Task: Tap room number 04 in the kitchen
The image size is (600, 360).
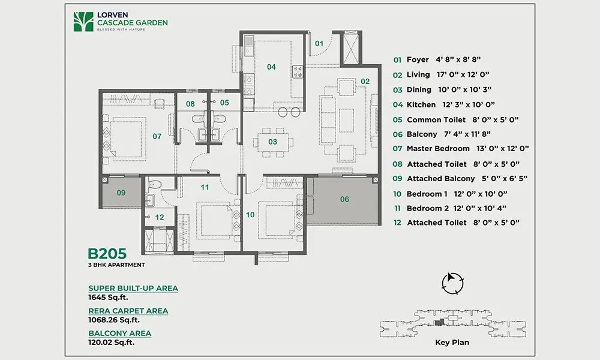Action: (271, 67)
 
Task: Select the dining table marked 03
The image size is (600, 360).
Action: (272, 142)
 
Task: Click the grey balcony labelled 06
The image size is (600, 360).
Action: (344, 199)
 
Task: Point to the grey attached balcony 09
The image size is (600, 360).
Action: (121, 193)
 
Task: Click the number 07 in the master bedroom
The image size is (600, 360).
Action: (157, 136)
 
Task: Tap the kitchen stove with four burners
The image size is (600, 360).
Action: (297, 71)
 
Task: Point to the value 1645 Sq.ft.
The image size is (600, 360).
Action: (109, 297)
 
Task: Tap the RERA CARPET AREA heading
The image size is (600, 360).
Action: (128, 311)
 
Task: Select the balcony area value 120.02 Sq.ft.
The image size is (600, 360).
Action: (112, 342)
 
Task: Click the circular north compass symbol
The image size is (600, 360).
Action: (451, 283)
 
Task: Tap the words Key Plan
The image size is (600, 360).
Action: (452, 343)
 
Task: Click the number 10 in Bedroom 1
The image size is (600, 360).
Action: (251, 214)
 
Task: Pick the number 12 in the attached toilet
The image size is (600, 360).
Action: (160, 217)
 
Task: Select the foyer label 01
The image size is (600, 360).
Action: (319, 43)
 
